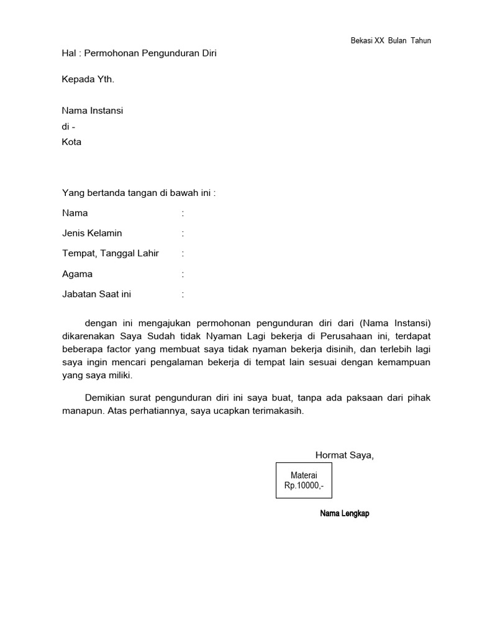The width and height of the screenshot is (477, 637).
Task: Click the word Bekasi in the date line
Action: [361, 41]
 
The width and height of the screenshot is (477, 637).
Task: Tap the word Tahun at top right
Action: [420, 41]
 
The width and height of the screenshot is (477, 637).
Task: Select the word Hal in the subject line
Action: [68, 53]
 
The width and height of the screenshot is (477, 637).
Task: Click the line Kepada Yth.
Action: [88, 80]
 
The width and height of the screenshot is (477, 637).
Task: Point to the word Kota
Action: [71, 142]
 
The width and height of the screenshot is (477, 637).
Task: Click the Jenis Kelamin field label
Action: [92, 233]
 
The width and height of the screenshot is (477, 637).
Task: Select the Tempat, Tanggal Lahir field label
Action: [111, 253]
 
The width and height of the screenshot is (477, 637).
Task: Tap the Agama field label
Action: [77, 274]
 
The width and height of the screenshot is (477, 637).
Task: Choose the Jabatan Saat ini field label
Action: [96, 294]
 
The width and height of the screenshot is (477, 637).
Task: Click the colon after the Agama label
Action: [183, 274]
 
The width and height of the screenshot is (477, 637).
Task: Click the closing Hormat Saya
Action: [345, 455]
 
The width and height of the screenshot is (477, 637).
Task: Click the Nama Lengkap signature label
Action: [344, 514]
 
